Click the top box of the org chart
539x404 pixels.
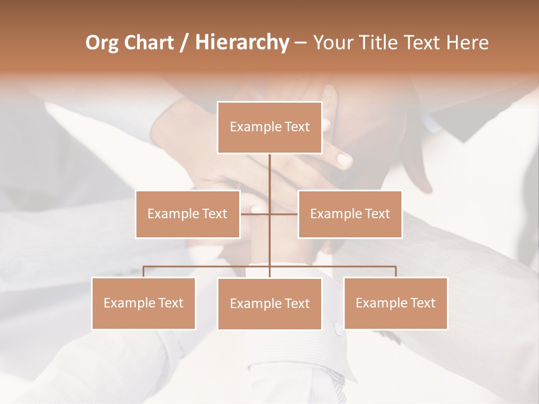click(269, 127)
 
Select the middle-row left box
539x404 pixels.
click(188, 214)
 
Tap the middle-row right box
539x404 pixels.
click(350, 214)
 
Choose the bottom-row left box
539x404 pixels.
click(143, 303)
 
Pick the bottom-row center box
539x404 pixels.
click(269, 304)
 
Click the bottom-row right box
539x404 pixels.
click(395, 303)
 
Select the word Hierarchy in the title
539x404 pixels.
click(241, 43)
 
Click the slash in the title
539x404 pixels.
click(184, 43)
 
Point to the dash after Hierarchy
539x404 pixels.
click(300, 43)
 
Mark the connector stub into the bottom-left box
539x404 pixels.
click(143, 272)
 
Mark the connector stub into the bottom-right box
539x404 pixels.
click(396, 272)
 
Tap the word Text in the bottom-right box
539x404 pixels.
click(423, 303)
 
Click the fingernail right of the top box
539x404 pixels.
click(344, 160)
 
